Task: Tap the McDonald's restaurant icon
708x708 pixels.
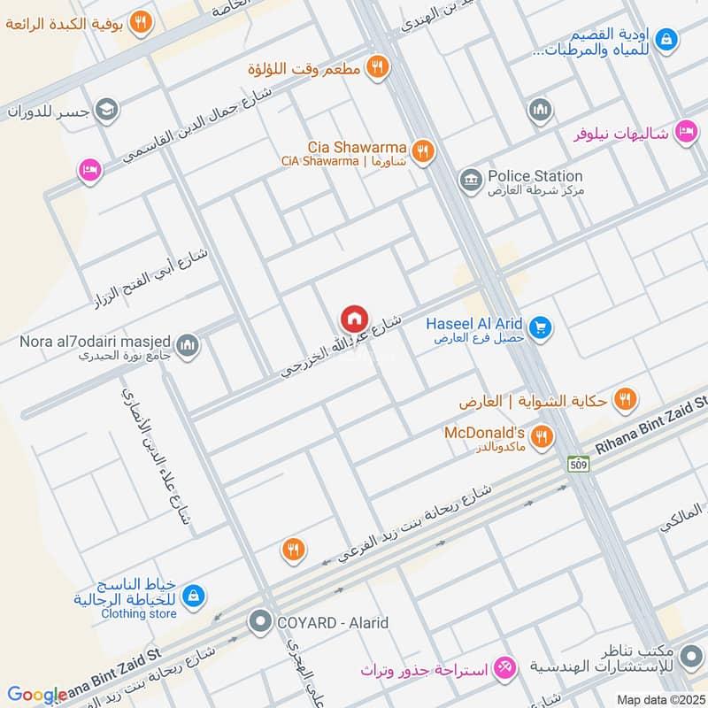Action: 543,436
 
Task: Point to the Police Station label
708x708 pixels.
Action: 535,176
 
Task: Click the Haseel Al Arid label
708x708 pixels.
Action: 474,323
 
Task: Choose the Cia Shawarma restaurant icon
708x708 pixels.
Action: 422,151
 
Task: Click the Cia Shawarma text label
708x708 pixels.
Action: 358,146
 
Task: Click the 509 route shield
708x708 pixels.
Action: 579,464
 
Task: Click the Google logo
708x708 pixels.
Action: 37,695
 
